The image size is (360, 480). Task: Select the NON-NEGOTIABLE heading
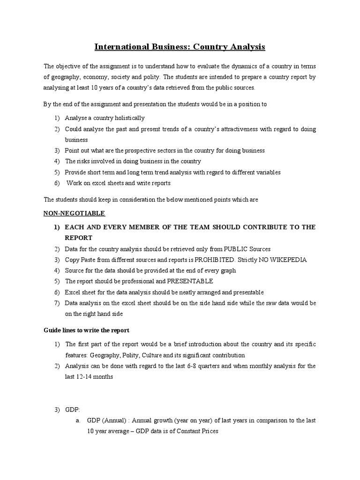tap(74, 213)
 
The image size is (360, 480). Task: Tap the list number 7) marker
tap(56, 303)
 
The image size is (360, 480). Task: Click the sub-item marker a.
tap(78, 420)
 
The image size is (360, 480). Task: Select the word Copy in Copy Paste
tap(72, 260)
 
